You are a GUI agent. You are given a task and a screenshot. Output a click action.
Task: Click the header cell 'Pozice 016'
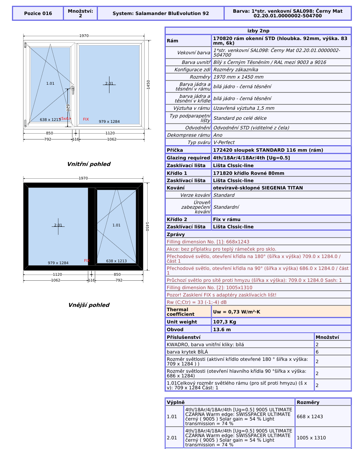(38, 13)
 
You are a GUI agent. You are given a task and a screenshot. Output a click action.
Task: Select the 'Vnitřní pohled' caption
(89, 164)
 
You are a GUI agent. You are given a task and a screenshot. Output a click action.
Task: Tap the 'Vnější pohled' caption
(89, 305)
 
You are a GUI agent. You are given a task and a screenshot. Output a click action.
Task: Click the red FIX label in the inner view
(86, 119)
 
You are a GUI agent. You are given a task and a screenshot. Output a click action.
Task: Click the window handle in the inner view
(73, 90)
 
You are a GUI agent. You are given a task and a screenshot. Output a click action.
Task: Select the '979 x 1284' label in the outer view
(58, 263)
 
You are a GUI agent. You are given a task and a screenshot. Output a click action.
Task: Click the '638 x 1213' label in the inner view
(50, 120)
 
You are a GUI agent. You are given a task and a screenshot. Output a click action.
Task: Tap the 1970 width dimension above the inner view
(84, 36)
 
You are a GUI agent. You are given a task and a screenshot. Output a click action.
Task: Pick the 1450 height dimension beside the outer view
(147, 226)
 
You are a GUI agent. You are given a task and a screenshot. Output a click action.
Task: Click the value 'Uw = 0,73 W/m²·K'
(236, 312)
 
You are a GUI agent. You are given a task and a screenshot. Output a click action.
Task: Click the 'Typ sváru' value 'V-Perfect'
(224, 142)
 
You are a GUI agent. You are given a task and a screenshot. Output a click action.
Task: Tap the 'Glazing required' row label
(188, 158)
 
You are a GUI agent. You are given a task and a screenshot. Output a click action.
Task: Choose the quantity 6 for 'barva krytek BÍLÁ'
(317, 352)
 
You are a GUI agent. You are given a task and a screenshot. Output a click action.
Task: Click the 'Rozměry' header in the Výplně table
(308, 402)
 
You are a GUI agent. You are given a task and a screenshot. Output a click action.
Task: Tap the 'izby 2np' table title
(258, 31)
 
